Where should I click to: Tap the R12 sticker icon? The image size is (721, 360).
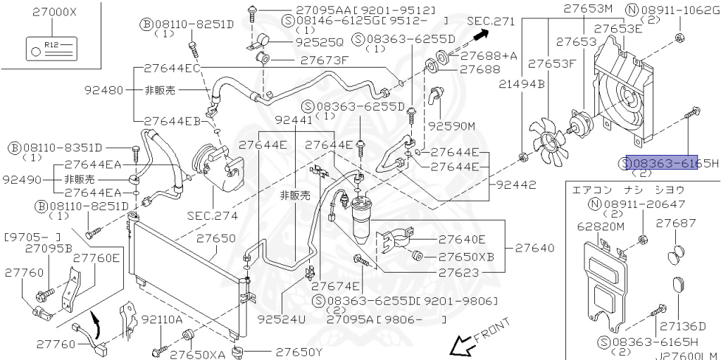click(51, 49)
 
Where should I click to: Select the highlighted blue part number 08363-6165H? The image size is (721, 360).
click(662, 163)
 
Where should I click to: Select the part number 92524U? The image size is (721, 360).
click(282, 319)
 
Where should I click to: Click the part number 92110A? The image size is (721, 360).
click(162, 319)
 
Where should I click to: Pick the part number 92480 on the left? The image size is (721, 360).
click(104, 89)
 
